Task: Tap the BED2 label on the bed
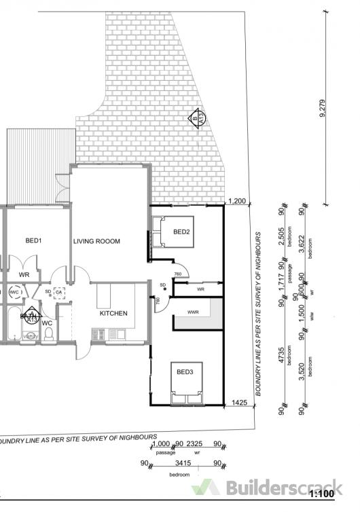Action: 181,232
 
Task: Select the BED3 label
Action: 185,372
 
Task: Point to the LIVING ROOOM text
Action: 96,241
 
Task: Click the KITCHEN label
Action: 114,313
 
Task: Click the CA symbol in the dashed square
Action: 59,292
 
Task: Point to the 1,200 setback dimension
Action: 237,201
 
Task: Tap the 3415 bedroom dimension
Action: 179,464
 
